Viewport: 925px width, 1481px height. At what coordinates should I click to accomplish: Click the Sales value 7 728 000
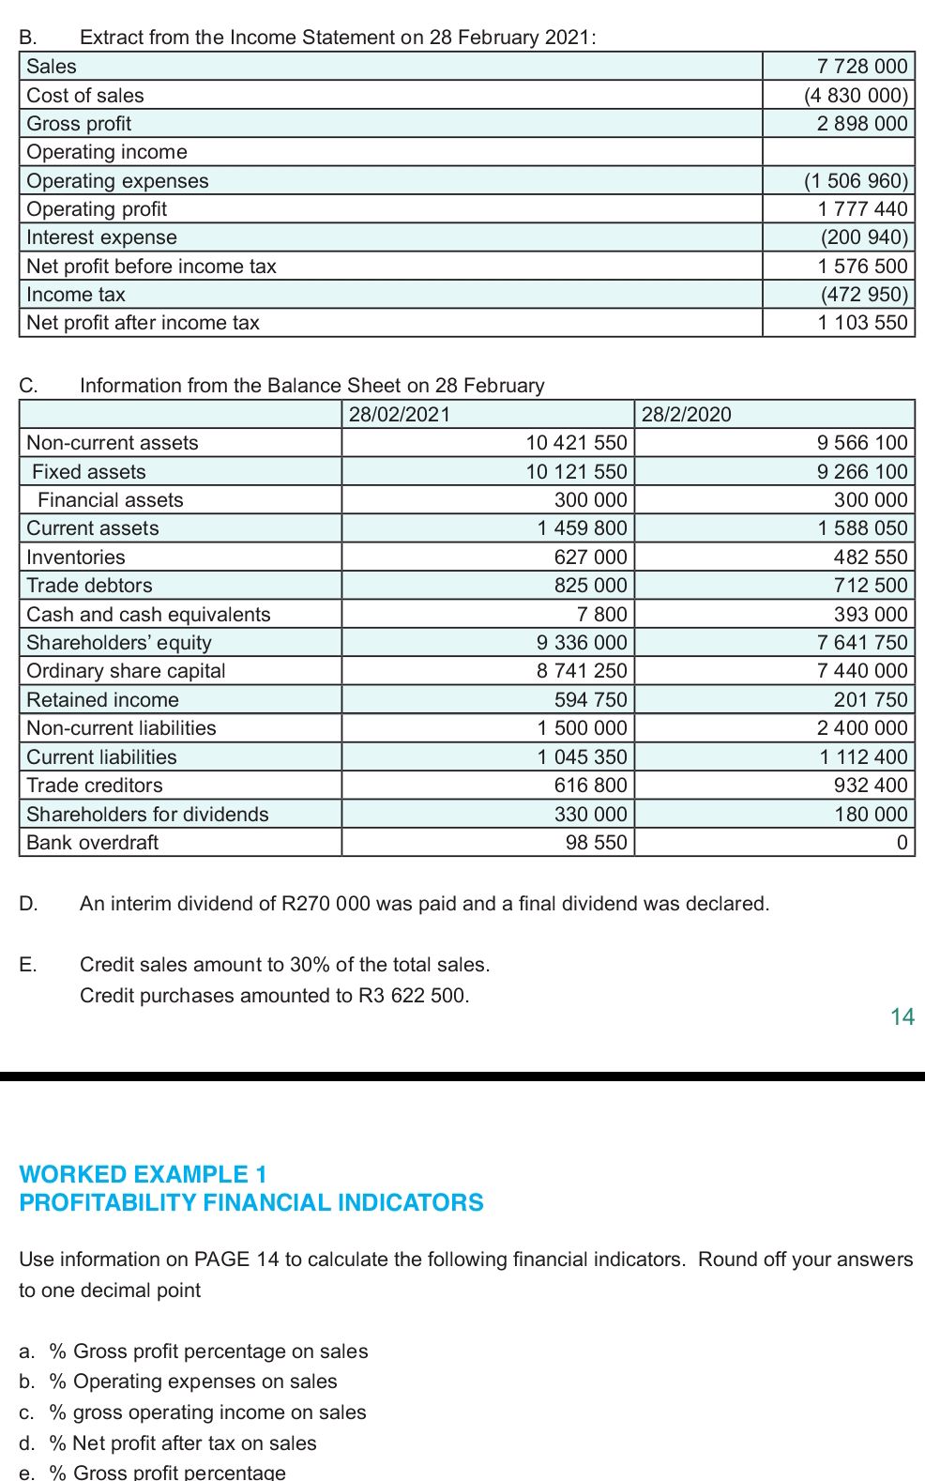click(x=861, y=67)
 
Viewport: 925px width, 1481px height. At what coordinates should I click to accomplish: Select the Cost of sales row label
click(x=85, y=96)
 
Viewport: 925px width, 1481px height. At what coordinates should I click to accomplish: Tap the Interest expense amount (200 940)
click(x=864, y=237)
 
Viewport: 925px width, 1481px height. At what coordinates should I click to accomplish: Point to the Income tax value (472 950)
click(x=864, y=295)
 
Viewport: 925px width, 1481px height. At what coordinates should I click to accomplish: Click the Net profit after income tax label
click(x=143, y=323)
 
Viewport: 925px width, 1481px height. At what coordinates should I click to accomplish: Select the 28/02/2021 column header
click(x=400, y=415)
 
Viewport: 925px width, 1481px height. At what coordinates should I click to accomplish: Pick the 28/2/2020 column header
click(x=687, y=415)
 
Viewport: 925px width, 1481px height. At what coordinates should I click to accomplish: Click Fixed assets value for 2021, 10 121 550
click(x=576, y=472)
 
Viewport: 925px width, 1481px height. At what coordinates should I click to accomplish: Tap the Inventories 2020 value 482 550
click(x=871, y=557)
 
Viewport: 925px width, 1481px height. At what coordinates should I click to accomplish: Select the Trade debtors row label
click(x=89, y=586)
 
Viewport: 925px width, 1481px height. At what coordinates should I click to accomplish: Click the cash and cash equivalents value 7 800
click(x=601, y=615)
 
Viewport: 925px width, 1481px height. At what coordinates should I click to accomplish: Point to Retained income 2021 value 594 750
click(x=590, y=700)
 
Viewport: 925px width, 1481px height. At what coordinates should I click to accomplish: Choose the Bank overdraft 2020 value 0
click(x=902, y=843)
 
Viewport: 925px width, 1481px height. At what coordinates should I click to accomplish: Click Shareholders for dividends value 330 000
click(x=590, y=815)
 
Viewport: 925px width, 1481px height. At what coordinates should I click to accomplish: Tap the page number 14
click(x=902, y=1017)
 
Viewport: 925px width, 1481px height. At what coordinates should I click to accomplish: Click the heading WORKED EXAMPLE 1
click(x=144, y=1174)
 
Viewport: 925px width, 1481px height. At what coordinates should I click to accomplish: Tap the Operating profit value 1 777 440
click(x=862, y=209)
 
